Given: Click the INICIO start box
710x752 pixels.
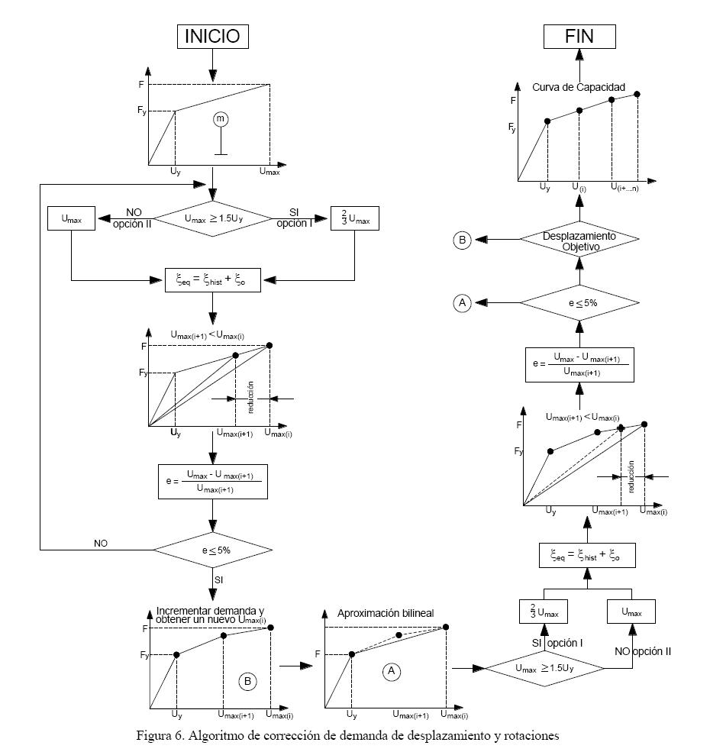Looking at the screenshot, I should (x=212, y=35).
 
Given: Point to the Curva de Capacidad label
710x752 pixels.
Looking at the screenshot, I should (x=579, y=88).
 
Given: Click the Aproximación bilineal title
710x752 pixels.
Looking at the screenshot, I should (x=386, y=614).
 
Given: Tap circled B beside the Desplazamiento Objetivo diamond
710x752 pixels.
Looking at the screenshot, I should (x=463, y=240).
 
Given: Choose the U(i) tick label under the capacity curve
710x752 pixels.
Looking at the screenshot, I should (x=579, y=186).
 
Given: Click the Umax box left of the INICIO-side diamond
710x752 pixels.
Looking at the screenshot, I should (x=70, y=219).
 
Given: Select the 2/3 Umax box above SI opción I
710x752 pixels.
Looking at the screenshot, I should (x=544, y=611).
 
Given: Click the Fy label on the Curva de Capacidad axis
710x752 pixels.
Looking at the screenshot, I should (x=512, y=128).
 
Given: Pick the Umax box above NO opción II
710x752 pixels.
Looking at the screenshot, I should (x=632, y=611).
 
